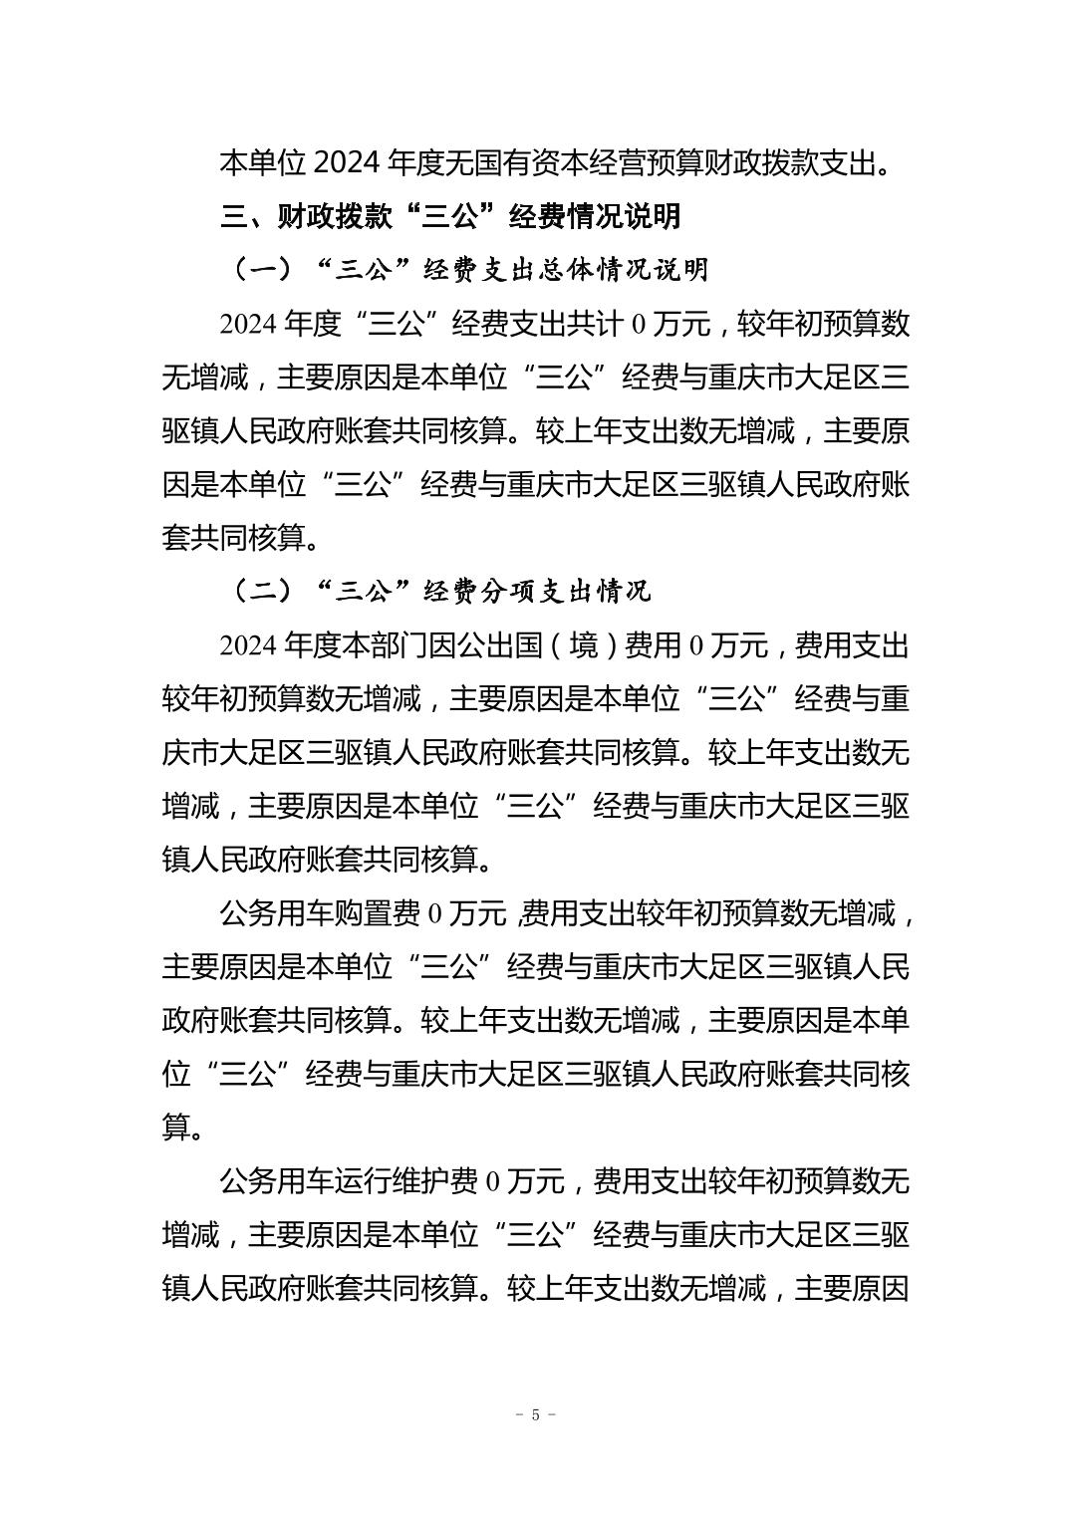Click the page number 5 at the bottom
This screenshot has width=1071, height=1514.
pos(536,1415)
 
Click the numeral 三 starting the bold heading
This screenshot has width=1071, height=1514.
pos(234,215)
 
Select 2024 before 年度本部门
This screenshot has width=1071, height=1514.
pos(249,646)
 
